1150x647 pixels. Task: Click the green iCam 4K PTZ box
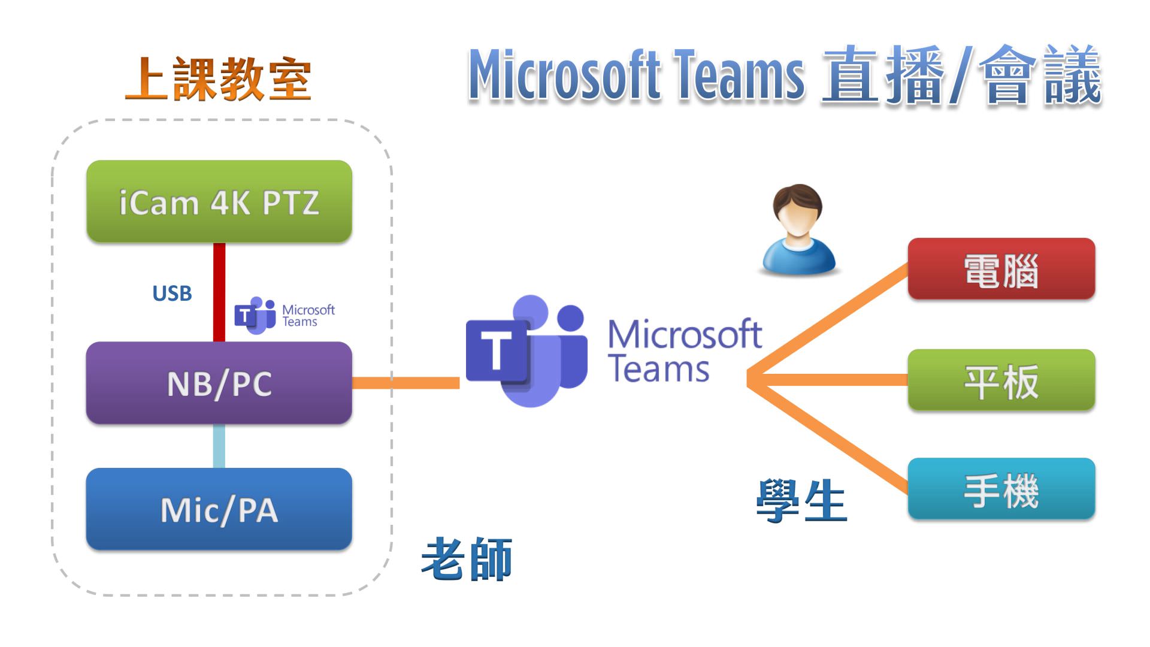tap(219, 201)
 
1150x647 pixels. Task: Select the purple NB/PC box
tap(219, 383)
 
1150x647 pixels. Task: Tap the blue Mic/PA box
tap(219, 509)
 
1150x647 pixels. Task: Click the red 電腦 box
tap(1001, 269)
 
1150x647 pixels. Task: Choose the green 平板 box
tap(1001, 380)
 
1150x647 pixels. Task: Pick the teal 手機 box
tap(1001, 489)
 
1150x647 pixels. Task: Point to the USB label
tap(172, 294)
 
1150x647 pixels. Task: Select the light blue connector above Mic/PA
tap(219, 446)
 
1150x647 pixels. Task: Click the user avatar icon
tap(798, 231)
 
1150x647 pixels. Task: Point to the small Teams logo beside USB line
tap(255, 315)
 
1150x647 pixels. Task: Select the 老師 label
tap(467, 559)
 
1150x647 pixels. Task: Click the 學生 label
tap(801, 501)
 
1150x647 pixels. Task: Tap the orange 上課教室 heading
tap(218, 79)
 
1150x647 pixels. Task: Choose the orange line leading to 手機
tap(830, 438)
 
